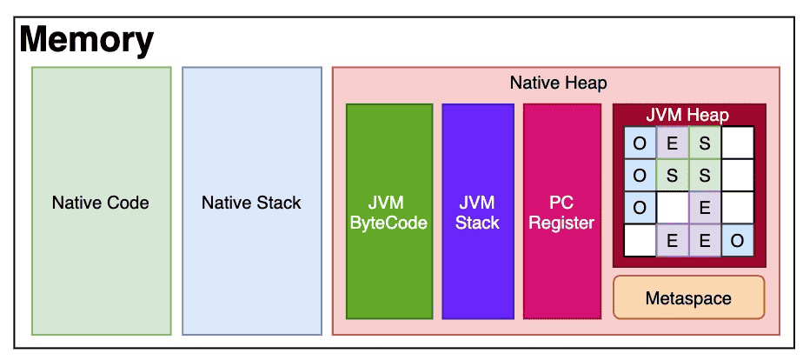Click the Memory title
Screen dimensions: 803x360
click(86, 40)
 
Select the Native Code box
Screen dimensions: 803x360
click(102, 201)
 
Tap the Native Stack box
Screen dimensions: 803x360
click(252, 201)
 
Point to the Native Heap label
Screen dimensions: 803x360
click(558, 83)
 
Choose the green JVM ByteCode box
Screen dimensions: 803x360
click(389, 211)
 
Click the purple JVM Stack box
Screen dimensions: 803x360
click(478, 211)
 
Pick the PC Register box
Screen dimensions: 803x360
click(561, 211)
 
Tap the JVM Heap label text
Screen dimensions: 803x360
click(687, 115)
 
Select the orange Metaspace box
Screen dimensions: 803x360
click(689, 297)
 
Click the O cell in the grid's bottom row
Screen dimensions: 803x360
click(738, 240)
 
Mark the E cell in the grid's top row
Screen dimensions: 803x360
click(673, 143)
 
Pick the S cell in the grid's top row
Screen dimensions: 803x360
click(705, 143)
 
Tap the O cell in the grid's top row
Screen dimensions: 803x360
click(640, 143)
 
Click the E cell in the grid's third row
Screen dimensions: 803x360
click(705, 208)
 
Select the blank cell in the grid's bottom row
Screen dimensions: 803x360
click(640, 240)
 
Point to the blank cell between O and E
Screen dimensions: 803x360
click(673, 208)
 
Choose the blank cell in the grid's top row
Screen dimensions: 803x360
click(738, 143)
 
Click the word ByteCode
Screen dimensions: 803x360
click(389, 223)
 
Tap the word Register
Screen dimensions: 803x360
click(561, 223)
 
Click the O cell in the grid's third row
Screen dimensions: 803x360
click(640, 208)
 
